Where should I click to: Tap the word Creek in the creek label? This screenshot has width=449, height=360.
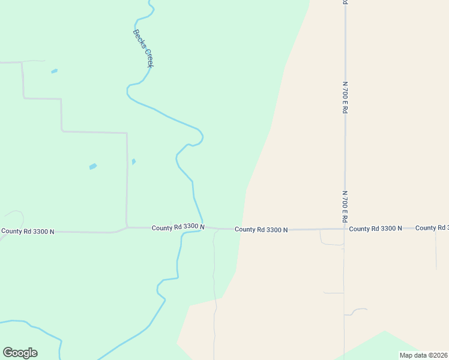[x=148, y=58]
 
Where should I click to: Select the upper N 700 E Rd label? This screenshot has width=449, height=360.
[x=345, y=98]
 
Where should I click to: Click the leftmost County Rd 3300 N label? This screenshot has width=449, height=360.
[x=28, y=231]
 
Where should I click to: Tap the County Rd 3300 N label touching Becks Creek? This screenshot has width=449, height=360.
[x=178, y=227]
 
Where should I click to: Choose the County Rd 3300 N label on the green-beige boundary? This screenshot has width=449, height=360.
[x=261, y=229]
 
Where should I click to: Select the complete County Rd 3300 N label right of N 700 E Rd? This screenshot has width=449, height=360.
[x=375, y=229]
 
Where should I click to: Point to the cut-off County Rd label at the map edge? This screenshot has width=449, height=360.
[x=432, y=228]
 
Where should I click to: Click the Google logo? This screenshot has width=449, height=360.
[x=20, y=353]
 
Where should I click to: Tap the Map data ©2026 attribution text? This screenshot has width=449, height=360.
[x=423, y=355]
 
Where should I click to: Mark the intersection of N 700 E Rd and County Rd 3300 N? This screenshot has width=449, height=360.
[x=345, y=229]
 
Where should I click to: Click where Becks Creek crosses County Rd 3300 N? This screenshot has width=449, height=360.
[x=203, y=228]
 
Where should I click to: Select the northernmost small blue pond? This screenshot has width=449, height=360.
[x=55, y=71]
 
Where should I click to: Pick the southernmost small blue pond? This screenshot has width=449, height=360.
[x=93, y=166]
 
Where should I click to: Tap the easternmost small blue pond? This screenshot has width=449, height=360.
[x=133, y=161]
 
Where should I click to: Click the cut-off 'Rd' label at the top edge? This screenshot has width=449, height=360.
[x=345, y=2]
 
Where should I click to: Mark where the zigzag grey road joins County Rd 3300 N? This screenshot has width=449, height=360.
[x=127, y=227]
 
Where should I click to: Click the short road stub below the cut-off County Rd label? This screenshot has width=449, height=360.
[x=436, y=249]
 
